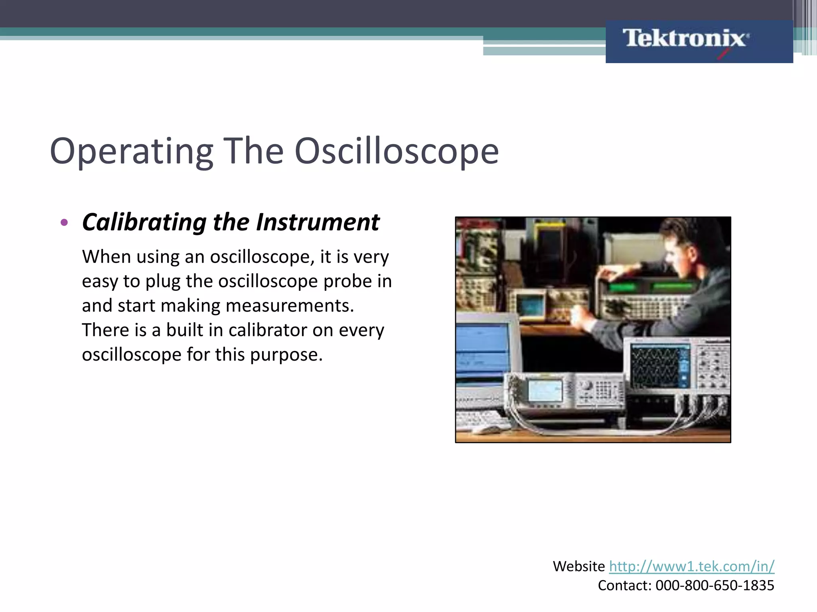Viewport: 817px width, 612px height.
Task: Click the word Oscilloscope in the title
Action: click(x=397, y=151)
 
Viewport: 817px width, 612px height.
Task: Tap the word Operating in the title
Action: click(x=132, y=151)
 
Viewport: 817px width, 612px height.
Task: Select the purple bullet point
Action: click(x=64, y=222)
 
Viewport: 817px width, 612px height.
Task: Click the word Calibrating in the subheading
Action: click(x=144, y=222)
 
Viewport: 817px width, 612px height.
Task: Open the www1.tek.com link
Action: click(x=691, y=566)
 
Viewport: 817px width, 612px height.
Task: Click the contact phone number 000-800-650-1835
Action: click(x=714, y=585)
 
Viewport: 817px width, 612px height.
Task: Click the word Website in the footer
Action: click(x=578, y=566)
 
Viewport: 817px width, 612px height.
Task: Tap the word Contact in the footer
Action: click(x=624, y=585)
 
